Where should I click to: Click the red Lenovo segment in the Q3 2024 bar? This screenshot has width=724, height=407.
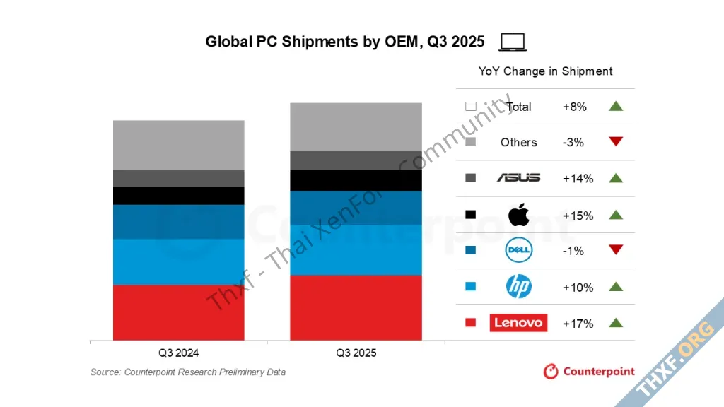tap(178, 312)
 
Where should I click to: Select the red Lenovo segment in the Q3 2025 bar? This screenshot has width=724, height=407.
tap(356, 307)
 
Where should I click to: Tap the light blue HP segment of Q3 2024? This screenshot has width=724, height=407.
tap(178, 261)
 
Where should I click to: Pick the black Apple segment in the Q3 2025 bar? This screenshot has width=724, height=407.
tap(356, 180)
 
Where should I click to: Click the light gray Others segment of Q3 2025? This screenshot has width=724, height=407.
tap(356, 126)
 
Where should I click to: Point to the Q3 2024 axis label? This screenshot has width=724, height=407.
tap(178, 353)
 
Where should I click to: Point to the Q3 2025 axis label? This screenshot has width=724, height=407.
tap(356, 353)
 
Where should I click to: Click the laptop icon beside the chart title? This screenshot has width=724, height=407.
tap(513, 42)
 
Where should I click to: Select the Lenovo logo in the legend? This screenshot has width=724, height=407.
tap(518, 323)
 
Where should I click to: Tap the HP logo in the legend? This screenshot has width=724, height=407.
tap(518, 287)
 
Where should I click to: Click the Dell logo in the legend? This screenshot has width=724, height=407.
tap(518, 250)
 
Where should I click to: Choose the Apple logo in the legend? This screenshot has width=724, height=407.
tap(518, 214)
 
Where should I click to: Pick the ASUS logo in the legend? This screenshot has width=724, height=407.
tap(518, 178)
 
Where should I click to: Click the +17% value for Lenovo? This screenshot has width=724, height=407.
tap(578, 324)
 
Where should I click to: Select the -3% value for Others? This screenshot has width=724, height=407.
tap(573, 142)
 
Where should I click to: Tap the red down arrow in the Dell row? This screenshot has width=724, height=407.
tap(615, 250)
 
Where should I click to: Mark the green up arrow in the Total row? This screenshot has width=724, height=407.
tap(615, 106)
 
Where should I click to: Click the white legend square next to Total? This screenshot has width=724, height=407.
tap(471, 107)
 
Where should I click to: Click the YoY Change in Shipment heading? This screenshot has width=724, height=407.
tap(545, 71)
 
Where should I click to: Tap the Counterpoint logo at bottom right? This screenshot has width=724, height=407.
tap(589, 371)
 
